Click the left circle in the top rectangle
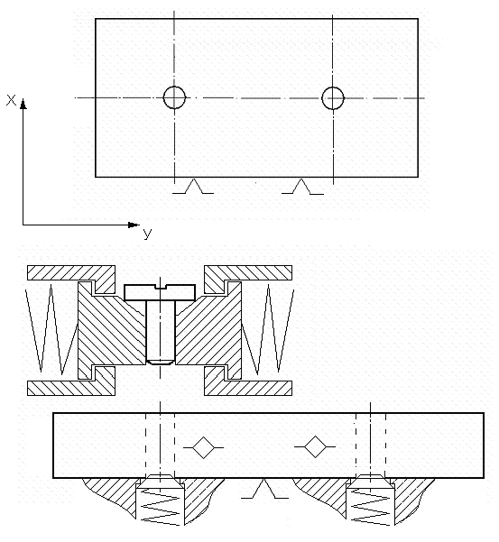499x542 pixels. pos(163,97)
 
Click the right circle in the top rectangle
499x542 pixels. pos(322,98)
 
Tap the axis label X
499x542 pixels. pos(11,100)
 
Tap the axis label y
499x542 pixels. pos(147,234)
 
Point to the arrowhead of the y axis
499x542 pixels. pos(134,225)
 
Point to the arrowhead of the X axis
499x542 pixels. pos(23,104)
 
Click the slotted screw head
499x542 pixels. pos(160,292)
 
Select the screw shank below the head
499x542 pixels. pos(161,330)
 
